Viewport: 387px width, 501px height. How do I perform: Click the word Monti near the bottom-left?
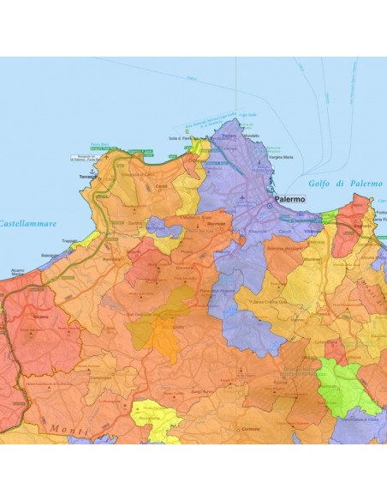click(x=68, y=429)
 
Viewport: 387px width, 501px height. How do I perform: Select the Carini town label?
click(x=160, y=184)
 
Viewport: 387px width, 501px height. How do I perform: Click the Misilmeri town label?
click(x=313, y=258)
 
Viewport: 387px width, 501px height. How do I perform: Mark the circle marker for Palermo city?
click(x=269, y=207)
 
